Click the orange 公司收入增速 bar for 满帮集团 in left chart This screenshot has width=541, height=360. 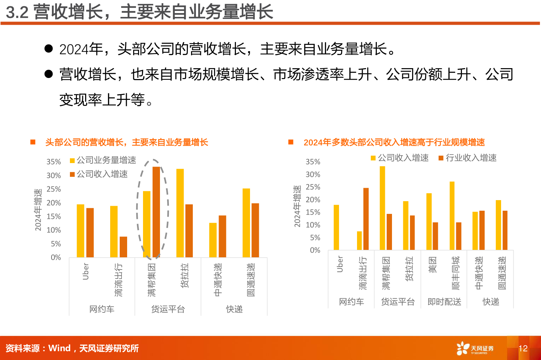(156, 212)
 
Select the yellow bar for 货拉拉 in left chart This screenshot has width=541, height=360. (180, 213)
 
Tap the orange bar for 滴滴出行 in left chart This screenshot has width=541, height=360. (123, 247)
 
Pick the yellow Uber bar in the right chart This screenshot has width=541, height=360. (336, 227)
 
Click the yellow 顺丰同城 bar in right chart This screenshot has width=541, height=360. (452, 216)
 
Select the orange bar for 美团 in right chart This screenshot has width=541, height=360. (435, 236)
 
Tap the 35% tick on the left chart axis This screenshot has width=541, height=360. (54, 162)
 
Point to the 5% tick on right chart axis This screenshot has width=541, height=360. (315, 238)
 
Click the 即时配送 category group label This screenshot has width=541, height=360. (444, 302)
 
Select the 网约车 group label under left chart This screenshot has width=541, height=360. (102, 309)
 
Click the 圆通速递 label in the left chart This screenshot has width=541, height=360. (251, 280)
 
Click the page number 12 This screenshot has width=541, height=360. (523, 348)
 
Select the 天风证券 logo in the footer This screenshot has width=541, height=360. (475, 348)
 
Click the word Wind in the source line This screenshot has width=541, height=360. (59, 348)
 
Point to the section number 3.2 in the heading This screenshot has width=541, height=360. (17, 12)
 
